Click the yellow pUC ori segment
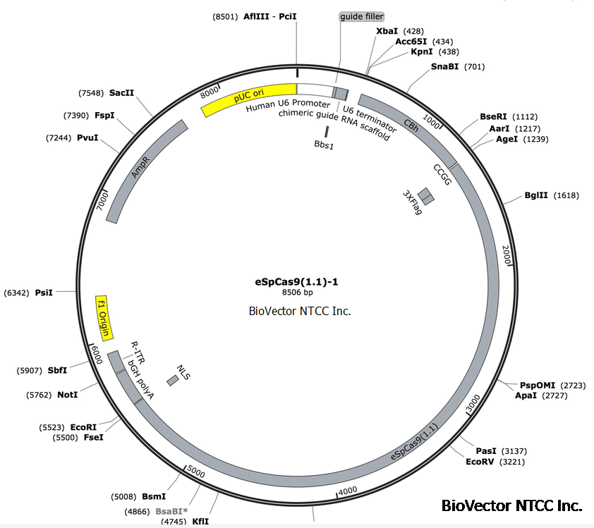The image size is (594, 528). click(248, 99)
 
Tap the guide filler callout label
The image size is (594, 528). click(362, 16)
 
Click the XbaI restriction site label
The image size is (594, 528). click(387, 31)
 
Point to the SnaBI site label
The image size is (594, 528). click(444, 67)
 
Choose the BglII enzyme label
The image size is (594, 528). click(535, 195)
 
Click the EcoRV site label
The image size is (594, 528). click(480, 462)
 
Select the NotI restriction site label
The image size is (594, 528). click(67, 395)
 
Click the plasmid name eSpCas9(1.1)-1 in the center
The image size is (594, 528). click(297, 281)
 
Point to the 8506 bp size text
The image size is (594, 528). click(297, 293)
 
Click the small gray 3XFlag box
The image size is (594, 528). click(425, 195)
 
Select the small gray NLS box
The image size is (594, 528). click(173, 381)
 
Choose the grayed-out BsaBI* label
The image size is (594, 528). click(173, 511)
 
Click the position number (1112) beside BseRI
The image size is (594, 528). click(525, 116)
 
